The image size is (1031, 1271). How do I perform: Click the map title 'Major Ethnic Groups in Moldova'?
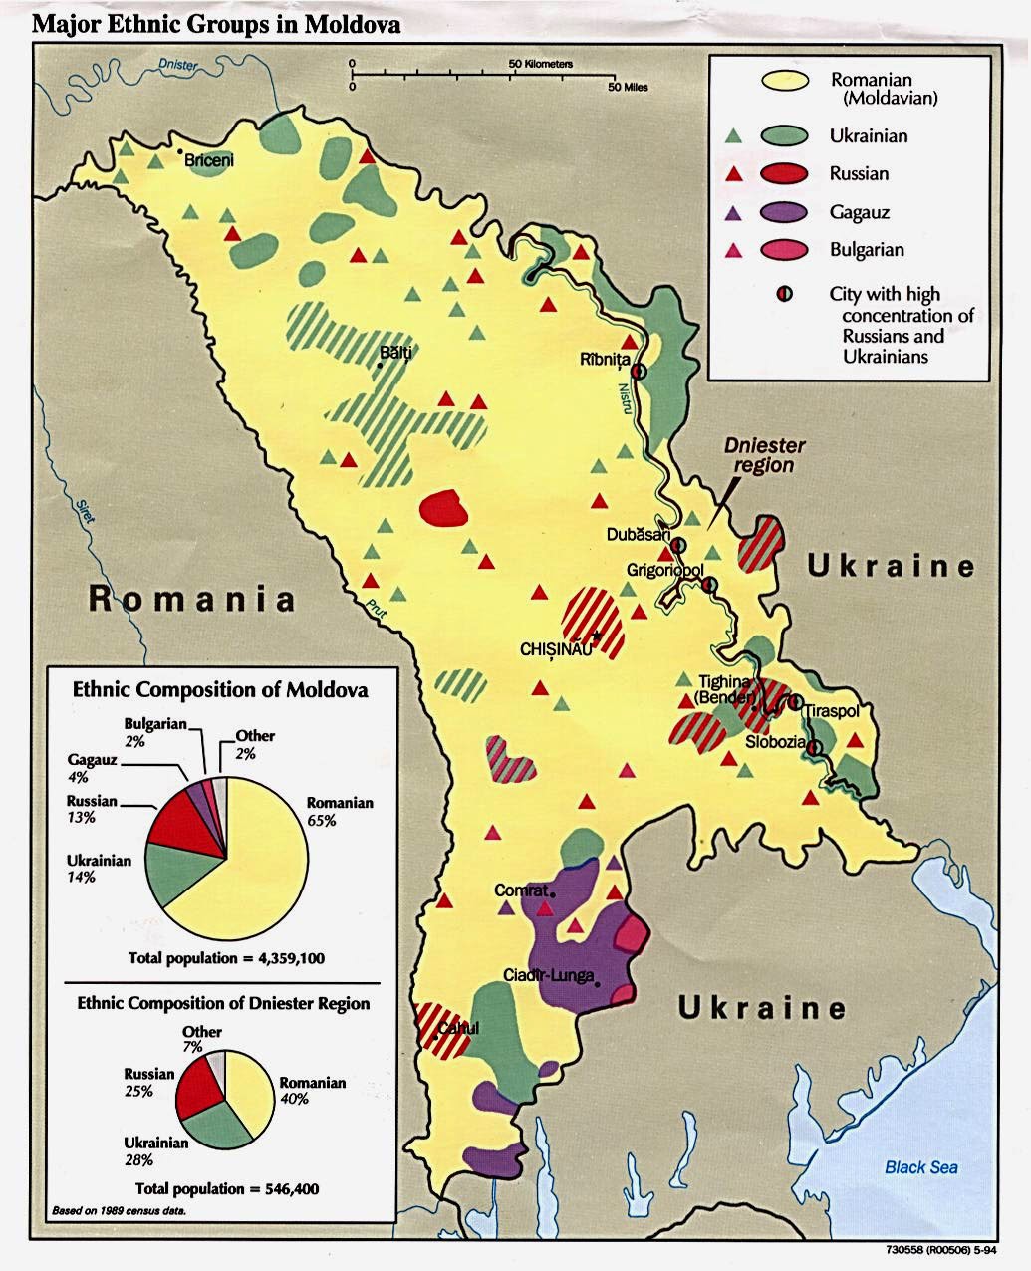(x=216, y=25)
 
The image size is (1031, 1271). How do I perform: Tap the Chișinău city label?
(x=556, y=648)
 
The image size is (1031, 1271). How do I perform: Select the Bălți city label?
(x=395, y=352)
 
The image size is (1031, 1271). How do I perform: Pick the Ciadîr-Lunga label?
(x=549, y=975)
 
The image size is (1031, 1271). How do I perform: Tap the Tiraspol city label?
(x=837, y=711)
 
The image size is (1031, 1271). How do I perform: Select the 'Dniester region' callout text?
(x=764, y=455)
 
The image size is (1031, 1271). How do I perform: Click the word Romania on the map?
(x=192, y=599)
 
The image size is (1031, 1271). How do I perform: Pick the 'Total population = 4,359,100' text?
(x=226, y=958)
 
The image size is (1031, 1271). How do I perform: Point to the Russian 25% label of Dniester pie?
(x=148, y=1082)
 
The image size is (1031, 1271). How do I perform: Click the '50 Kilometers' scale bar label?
(x=541, y=63)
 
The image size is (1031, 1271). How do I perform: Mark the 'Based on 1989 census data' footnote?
(x=119, y=1211)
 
